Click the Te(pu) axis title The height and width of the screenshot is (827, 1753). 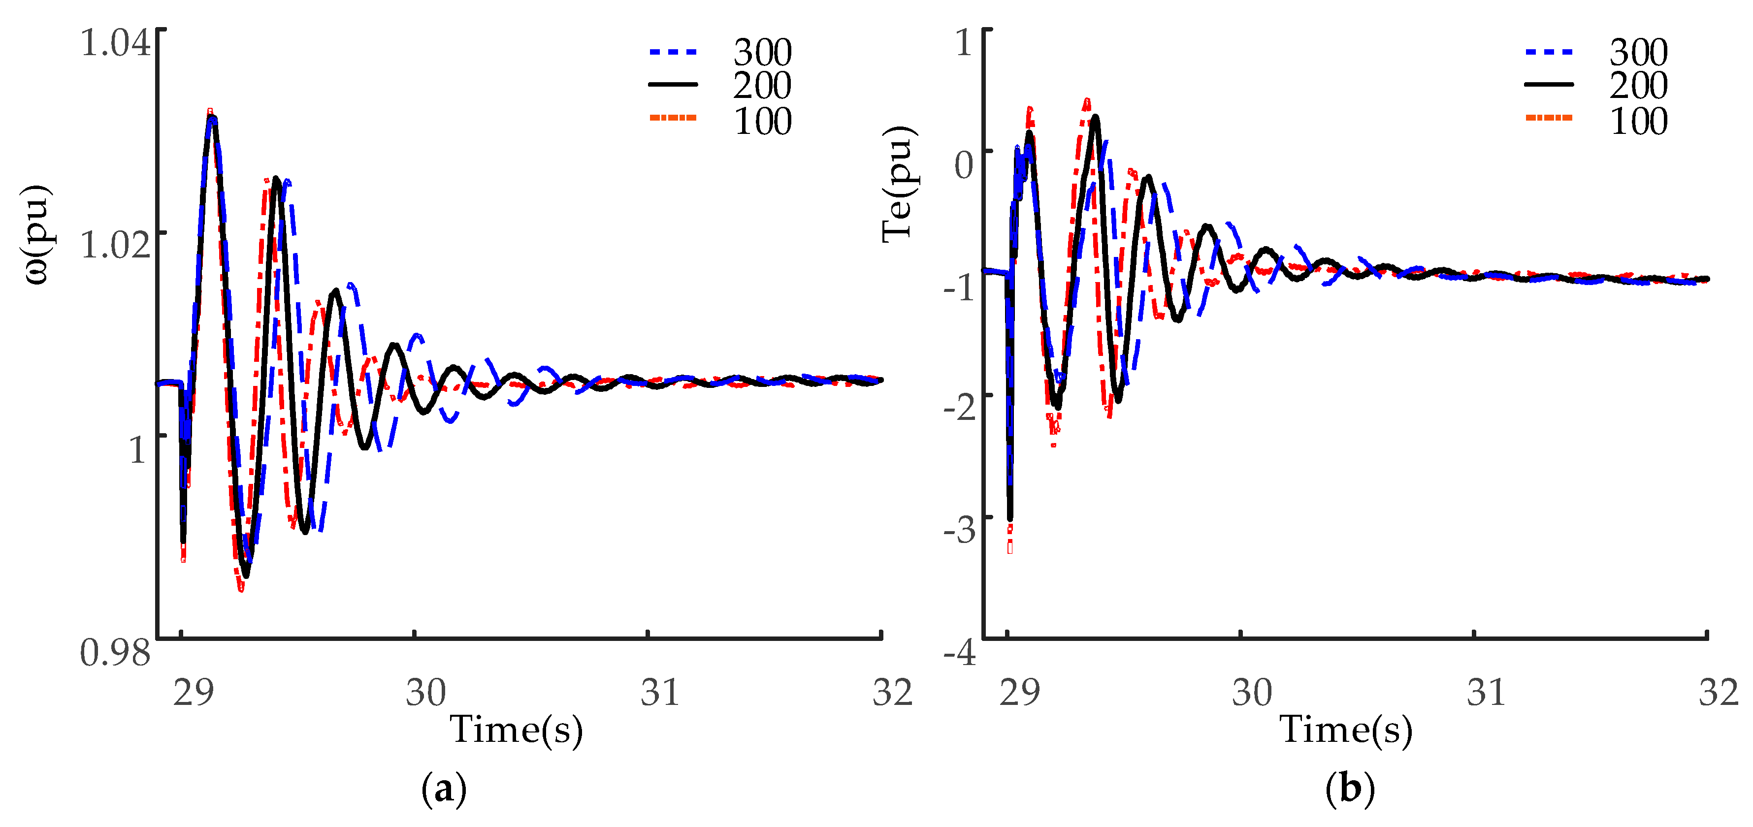click(x=898, y=184)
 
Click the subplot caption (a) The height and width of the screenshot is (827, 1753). click(x=444, y=790)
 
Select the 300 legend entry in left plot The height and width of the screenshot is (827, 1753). click(x=762, y=52)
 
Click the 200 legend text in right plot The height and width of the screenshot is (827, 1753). click(x=1638, y=86)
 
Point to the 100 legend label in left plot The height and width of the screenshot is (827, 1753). click(x=762, y=122)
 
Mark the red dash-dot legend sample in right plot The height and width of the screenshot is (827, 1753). click(x=1549, y=118)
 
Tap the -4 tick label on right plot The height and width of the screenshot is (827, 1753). click(x=960, y=653)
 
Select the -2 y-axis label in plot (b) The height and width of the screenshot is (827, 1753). click(x=960, y=409)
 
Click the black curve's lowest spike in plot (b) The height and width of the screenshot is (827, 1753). click(x=1010, y=518)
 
